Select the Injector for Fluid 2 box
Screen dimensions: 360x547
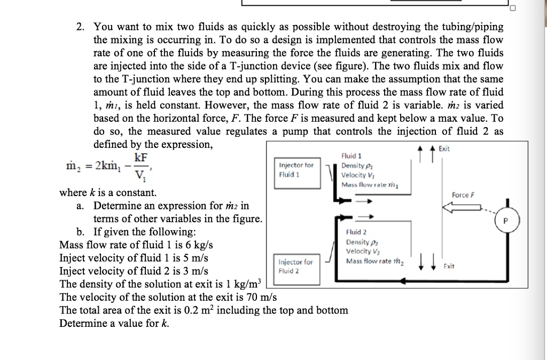click(x=296, y=266)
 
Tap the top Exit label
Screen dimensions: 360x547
click(x=444, y=149)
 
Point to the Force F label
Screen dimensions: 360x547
click(x=463, y=195)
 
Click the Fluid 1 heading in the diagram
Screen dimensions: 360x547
click(x=351, y=156)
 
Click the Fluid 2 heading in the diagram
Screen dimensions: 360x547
click(x=356, y=232)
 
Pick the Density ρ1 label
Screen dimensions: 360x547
click(x=354, y=166)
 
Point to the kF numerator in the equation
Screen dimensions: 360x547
click(x=141, y=157)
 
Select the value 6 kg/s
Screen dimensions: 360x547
click(x=198, y=245)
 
